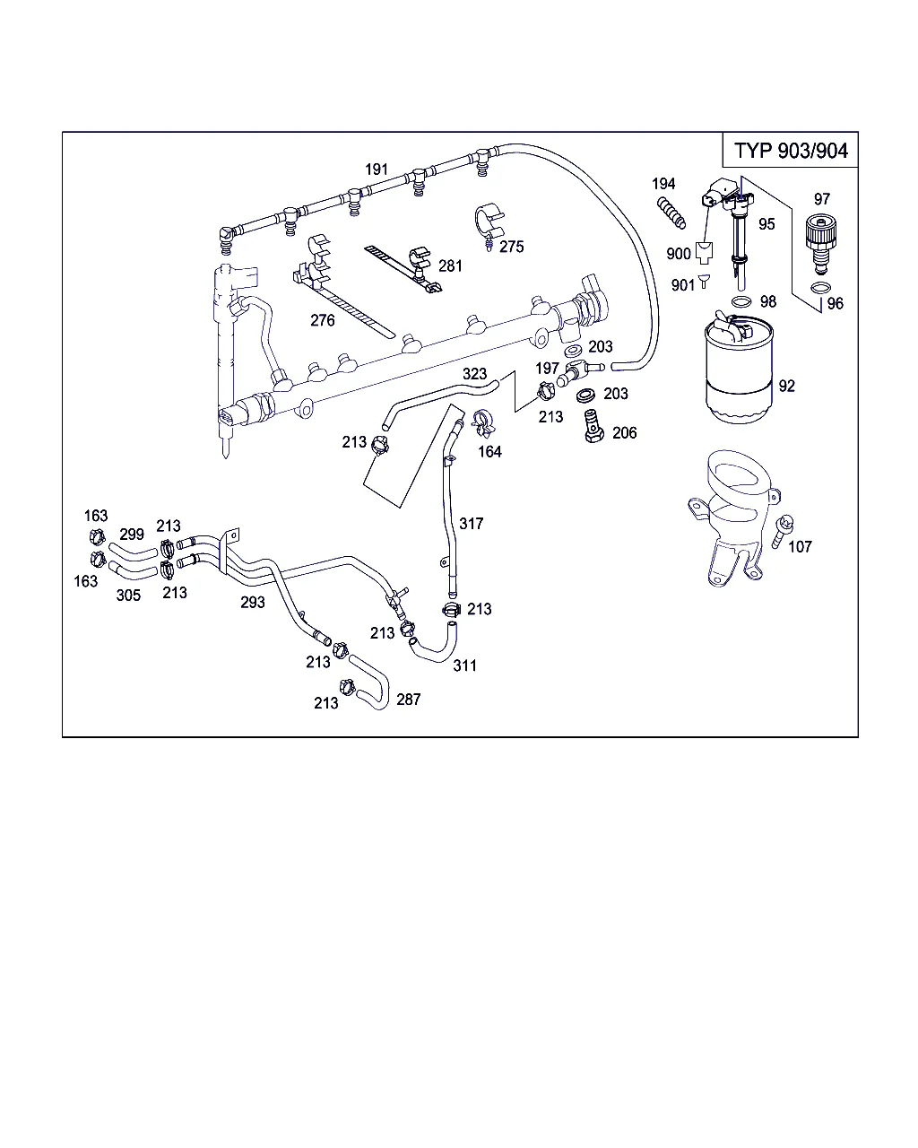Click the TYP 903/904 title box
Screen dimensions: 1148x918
pos(790,150)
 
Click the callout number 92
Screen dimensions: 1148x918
pos(787,387)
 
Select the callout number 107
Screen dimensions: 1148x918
pos(800,546)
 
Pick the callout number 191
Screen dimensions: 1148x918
pos(377,170)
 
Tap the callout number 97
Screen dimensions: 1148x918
pos(821,199)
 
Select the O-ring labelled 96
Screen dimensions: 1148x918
pos(819,287)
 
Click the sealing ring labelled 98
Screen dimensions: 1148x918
pos(740,301)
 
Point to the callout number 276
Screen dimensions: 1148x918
pos(323,320)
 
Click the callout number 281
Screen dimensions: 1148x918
pos(450,265)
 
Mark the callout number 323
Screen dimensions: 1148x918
pos(474,374)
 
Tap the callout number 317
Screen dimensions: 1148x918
pos(472,524)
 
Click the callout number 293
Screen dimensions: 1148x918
pos(253,603)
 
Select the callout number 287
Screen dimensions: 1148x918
pos(408,700)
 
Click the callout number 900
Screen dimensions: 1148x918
pos(679,254)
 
